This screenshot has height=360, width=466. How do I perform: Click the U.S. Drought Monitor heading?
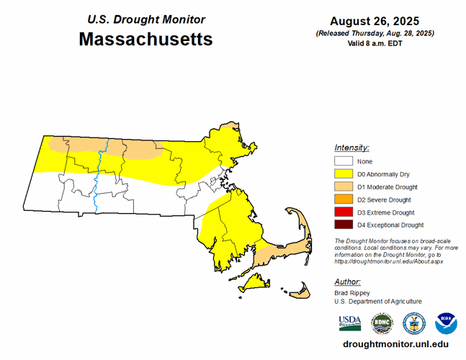click(146, 19)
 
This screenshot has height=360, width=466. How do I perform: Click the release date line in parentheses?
click(375, 33)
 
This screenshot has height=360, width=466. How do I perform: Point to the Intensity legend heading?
click(351, 147)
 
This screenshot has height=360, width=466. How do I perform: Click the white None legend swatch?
click(344, 161)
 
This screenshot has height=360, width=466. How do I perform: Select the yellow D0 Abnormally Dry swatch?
click(344, 174)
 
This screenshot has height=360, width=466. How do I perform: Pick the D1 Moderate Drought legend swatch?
click(344, 187)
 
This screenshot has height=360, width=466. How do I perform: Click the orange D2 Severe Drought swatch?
click(344, 199)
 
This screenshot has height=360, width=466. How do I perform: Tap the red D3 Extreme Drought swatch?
click(344, 212)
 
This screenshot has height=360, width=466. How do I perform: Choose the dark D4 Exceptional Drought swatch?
click(344, 225)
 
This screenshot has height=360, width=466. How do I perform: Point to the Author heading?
click(347, 282)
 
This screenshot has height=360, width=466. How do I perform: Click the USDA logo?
click(349, 322)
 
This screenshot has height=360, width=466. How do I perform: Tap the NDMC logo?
click(382, 322)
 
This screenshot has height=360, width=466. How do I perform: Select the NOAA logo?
click(446, 322)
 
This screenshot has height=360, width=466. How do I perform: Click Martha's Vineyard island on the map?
click(254, 286)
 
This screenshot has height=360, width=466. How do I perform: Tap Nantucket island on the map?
click(300, 291)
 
